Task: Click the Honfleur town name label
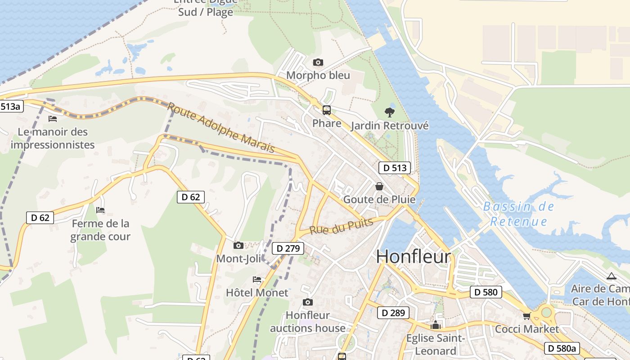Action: tap(413, 256)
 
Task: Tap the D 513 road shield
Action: tap(395, 168)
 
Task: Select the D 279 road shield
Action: tap(288, 248)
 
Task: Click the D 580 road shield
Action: tap(486, 292)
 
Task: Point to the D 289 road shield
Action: tap(393, 313)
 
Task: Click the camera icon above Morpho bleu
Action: tap(318, 63)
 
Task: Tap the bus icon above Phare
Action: tap(327, 110)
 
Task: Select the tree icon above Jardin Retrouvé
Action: tap(390, 112)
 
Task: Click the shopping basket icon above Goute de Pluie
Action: tap(379, 186)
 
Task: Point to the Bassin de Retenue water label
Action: tap(518, 214)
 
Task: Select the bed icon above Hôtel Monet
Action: tap(257, 279)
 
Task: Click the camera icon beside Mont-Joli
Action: tap(238, 245)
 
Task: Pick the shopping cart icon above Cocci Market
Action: tap(526, 316)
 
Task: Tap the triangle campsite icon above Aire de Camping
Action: tap(611, 276)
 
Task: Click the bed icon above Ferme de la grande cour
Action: tap(100, 210)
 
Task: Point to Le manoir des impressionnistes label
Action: tap(53, 138)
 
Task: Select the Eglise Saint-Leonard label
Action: tap(435, 344)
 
